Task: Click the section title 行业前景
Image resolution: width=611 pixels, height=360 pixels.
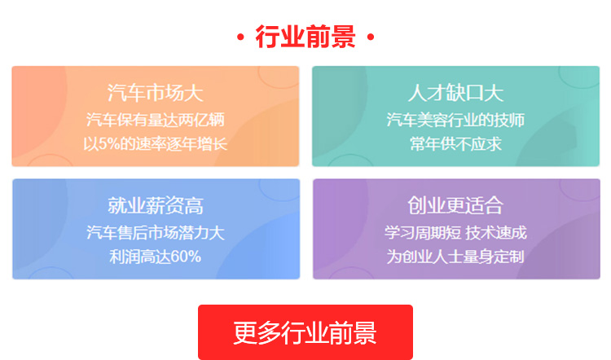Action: click(305, 37)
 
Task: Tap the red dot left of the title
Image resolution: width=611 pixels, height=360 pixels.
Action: click(240, 37)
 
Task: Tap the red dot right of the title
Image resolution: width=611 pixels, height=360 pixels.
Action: click(371, 37)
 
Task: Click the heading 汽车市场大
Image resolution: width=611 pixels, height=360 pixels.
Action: click(156, 93)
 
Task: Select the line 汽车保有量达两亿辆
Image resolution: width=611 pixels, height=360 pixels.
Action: click(156, 120)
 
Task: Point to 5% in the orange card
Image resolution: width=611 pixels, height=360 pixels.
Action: click(108, 144)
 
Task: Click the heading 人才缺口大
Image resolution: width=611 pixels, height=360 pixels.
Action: click(456, 93)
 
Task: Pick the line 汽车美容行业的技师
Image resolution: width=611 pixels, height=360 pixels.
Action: click(455, 120)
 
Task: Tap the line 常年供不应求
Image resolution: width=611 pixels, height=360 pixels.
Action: click(455, 144)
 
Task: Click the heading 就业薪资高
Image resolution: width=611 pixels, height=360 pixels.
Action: click(156, 206)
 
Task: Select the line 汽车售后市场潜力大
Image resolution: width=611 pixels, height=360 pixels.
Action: click(156, 233)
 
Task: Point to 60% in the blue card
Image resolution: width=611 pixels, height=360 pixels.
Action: click(186, 257)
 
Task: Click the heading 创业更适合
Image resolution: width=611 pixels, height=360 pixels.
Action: click(455, 206)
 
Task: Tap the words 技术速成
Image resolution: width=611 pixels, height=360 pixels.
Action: click(496, 233)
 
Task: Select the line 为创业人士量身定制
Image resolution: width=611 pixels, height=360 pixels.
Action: click(455, 257)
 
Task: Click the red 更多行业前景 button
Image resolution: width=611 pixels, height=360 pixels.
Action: click(305, 332)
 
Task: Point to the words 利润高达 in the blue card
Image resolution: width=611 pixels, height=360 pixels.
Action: click(140, 257)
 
